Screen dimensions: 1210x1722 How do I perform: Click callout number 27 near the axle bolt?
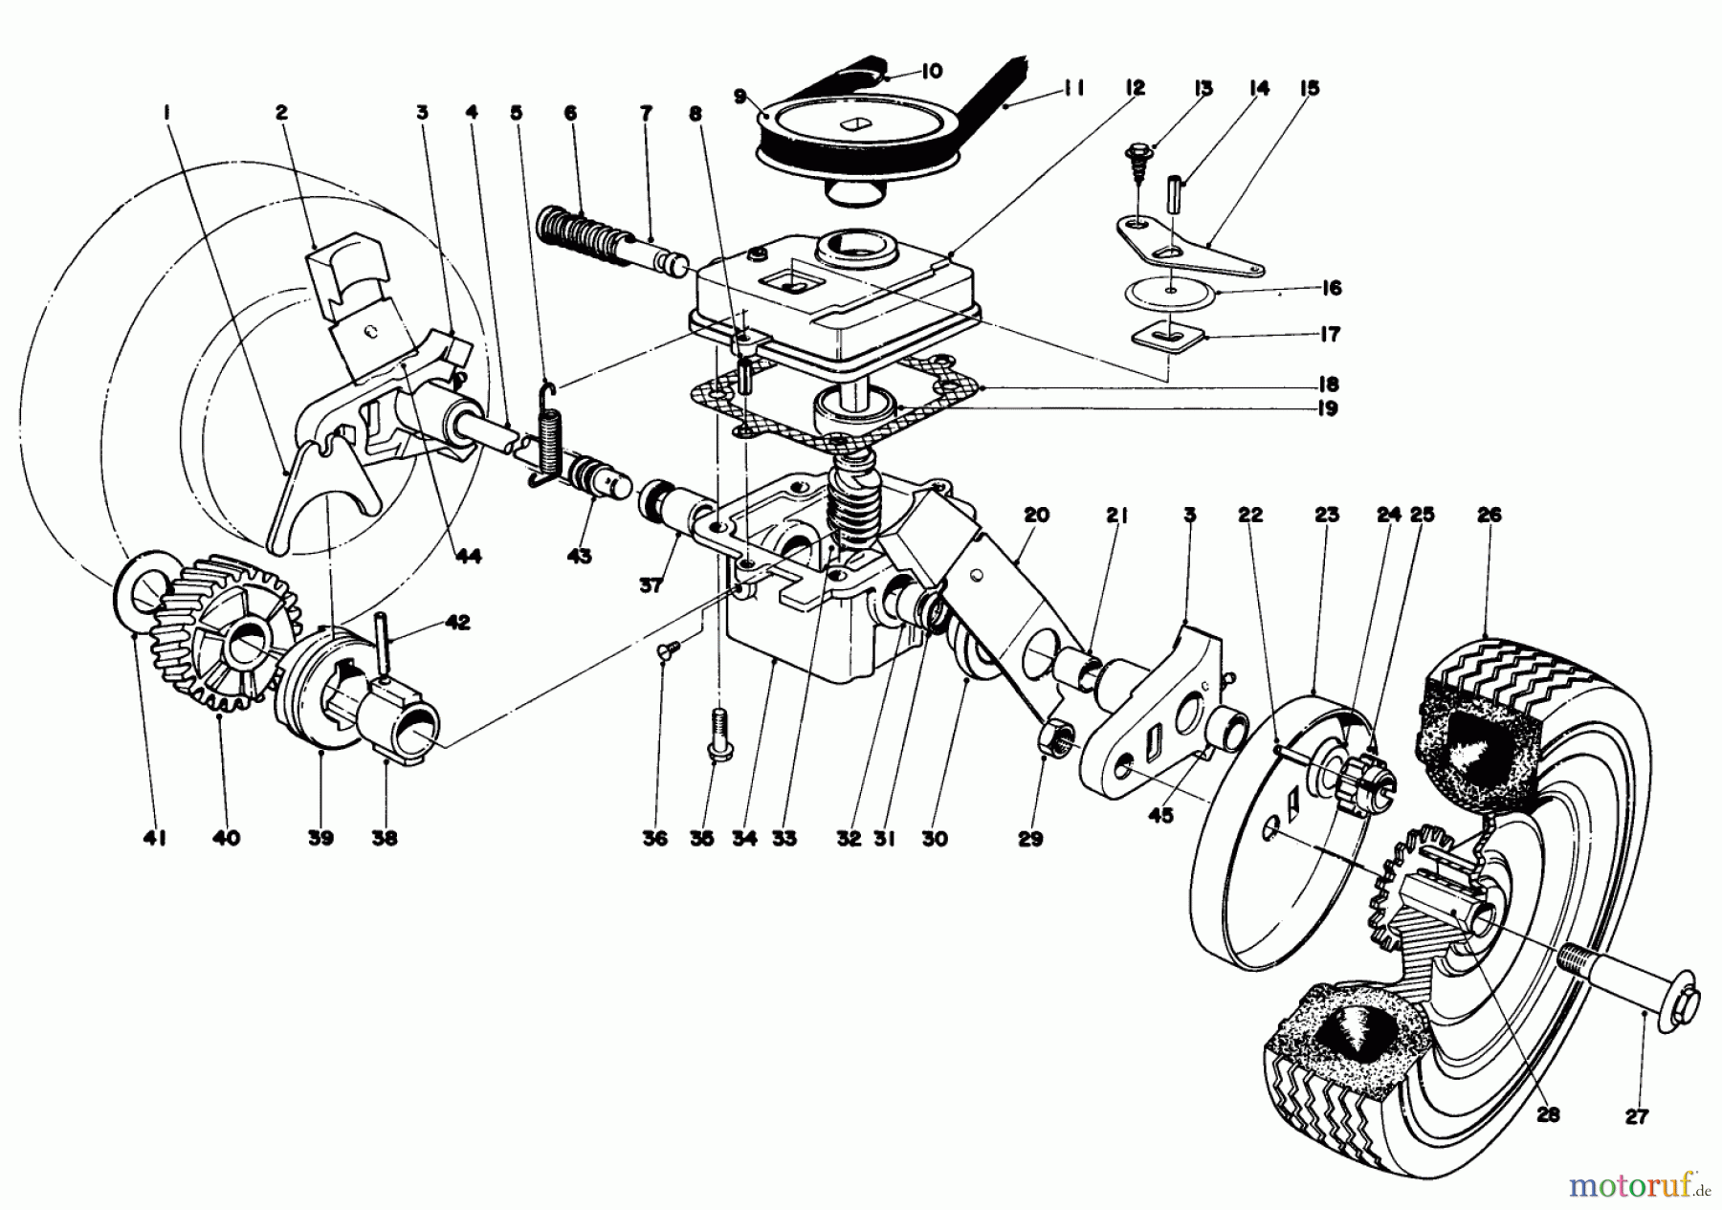point(1643,1115)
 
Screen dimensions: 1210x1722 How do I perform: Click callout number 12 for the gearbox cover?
point(1134,88)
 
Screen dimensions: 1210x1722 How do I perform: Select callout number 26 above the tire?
point(1489,516)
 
